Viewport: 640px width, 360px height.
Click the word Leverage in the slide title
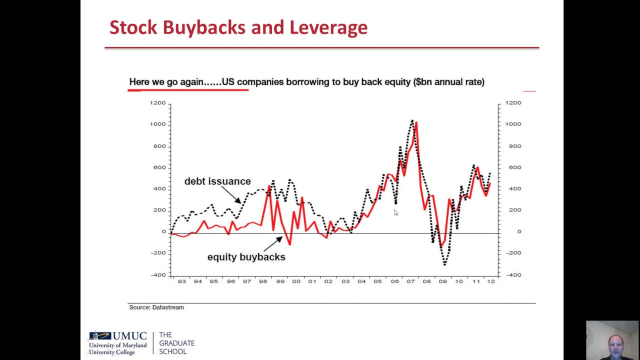click(x=328, y=27)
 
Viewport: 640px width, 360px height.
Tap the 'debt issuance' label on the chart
click(x=217, y=181)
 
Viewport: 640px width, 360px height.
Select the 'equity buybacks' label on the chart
click(x=246, y=257)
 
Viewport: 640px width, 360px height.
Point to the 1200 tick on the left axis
click(x=157, y=103)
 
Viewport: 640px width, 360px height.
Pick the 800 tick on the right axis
click(x=513, y=146)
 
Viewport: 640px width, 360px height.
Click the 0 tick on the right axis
click(x=519, y=231)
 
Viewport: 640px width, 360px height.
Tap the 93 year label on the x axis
click(x=181, y=281)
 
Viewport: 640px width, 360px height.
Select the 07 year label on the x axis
click(x=410, y=281)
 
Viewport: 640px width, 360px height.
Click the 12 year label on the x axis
click(x=491, y=281)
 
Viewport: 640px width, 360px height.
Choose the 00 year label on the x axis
click(x=296, y=281)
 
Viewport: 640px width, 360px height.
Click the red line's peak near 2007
click(x=416, y=122)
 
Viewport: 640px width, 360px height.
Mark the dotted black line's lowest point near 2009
click(x=444, y=263)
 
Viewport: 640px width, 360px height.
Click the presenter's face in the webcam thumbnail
click(x=613, y=344)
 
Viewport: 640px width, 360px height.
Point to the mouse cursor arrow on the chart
click(x=395, y=212)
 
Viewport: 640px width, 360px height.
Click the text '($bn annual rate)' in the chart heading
click(x=448, y=82)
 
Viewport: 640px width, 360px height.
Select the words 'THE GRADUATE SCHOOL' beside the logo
click(x=176, y=343)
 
